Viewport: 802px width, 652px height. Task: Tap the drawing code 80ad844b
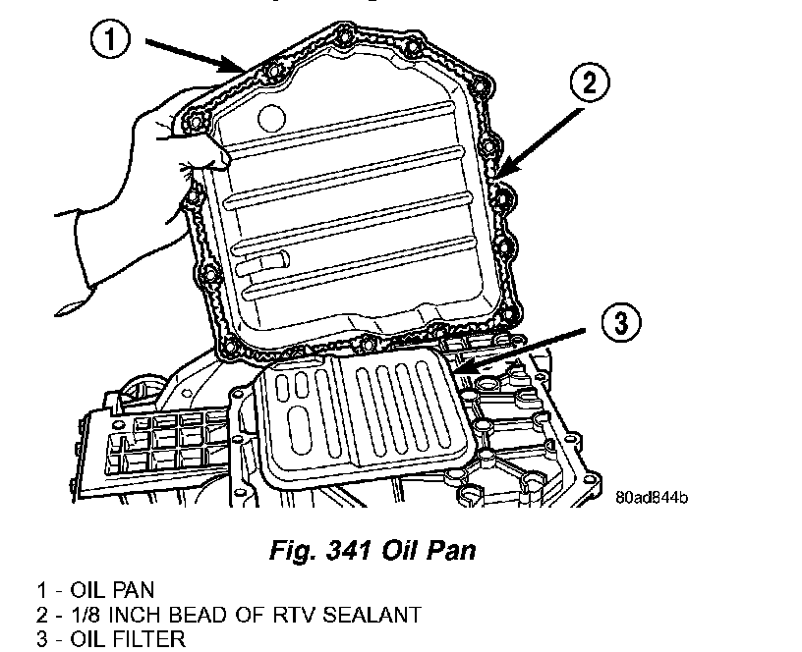coord(652,497)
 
